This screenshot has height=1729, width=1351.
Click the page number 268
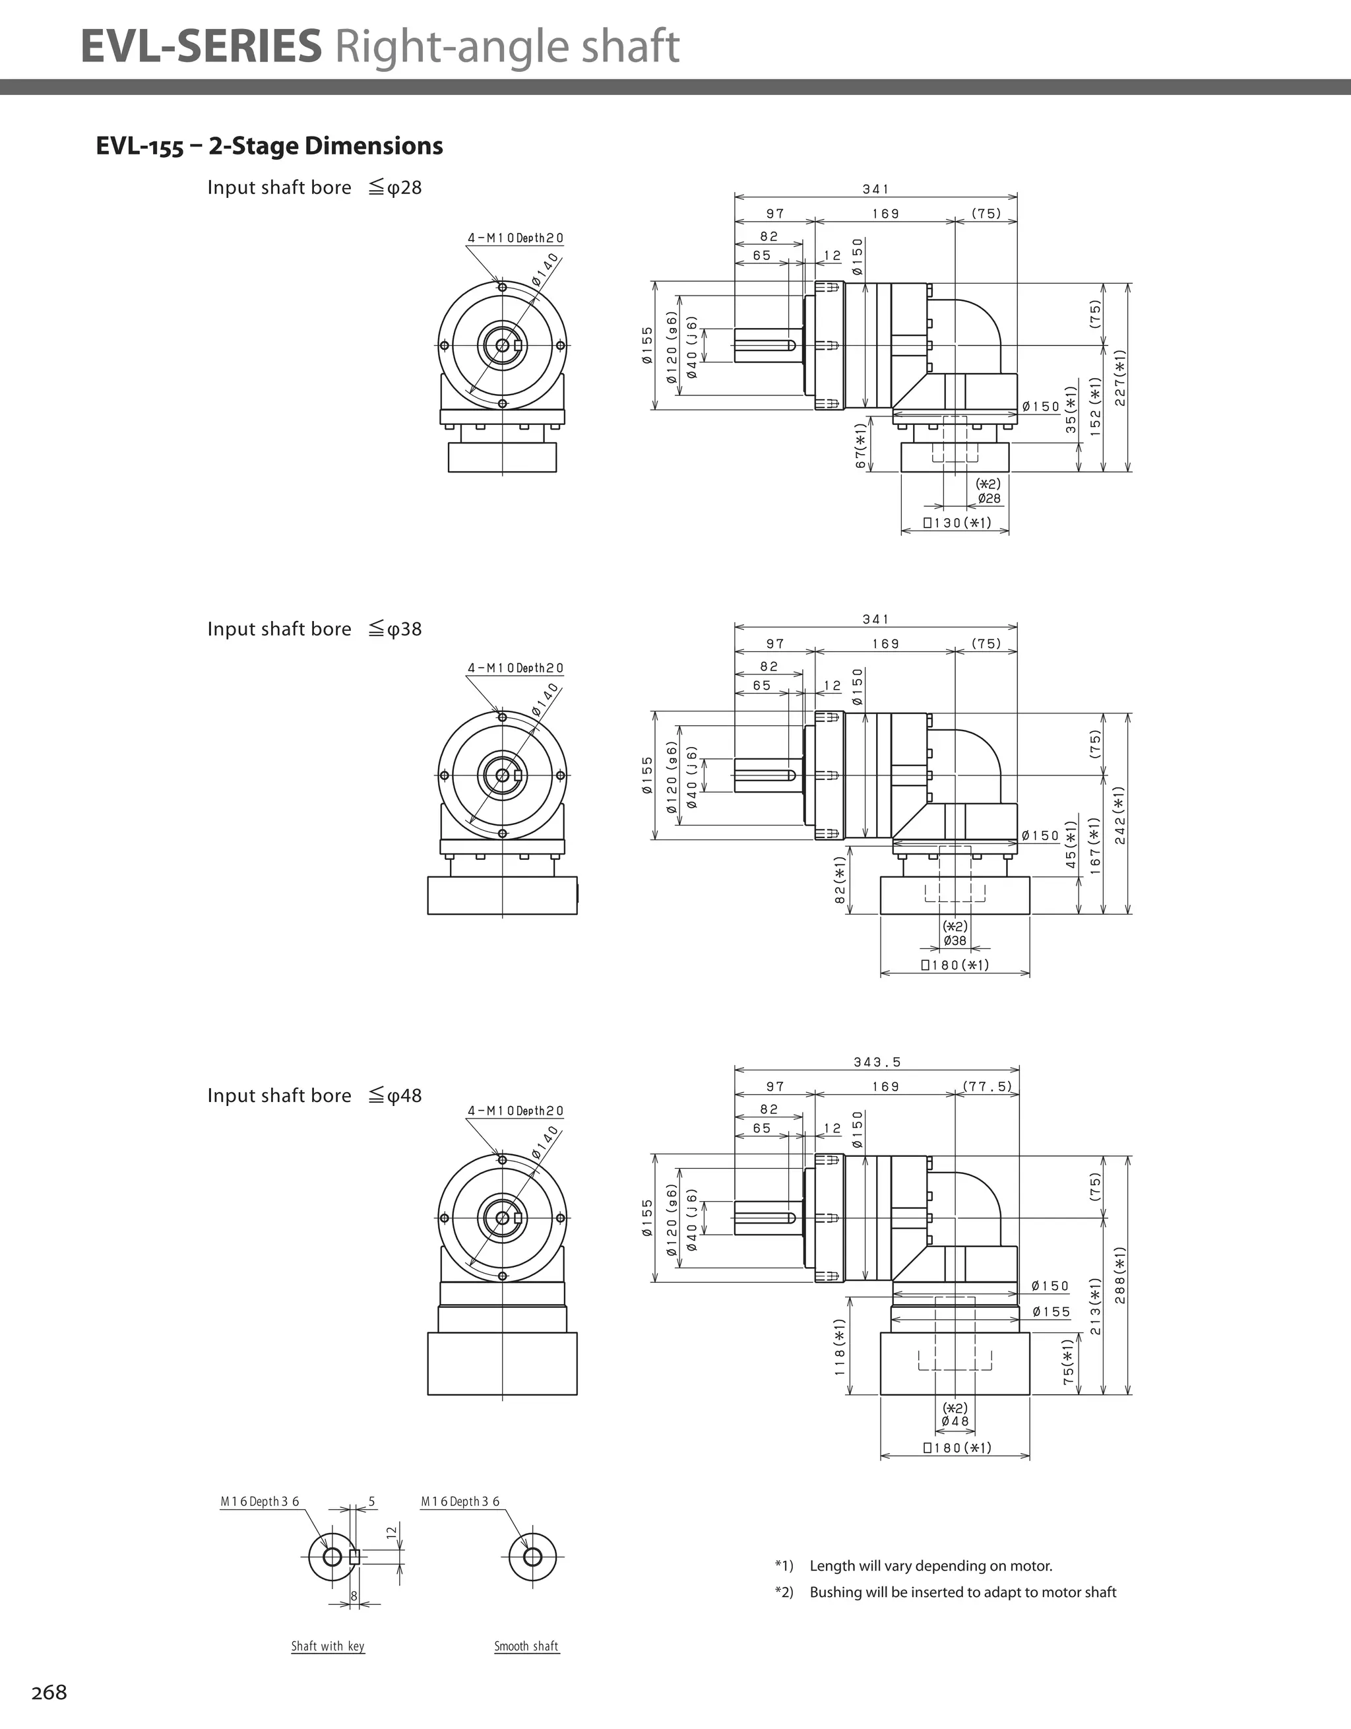click(49, 1692)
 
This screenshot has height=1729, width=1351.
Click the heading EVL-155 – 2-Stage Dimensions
click(269, 146)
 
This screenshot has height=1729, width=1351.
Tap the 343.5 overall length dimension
click(877, 1062)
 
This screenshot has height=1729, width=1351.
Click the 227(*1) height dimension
click(1120, 377)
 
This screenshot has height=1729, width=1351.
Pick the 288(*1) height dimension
click(1120, 1276)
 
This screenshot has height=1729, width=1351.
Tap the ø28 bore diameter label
click(989, 499)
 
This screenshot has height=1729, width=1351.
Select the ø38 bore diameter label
click(955, 940)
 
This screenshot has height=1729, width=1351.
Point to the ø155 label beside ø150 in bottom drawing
click(1051, 1312)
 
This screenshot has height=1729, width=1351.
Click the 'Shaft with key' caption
click(328, 1646)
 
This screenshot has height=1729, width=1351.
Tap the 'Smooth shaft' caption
click(526, 1646)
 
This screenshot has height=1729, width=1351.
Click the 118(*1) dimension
click(840, 1347)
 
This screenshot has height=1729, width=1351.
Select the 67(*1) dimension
click(861, 445)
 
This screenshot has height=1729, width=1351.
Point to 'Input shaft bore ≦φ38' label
click(314, 629)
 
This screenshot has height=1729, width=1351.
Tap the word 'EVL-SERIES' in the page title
click(201, 46)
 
